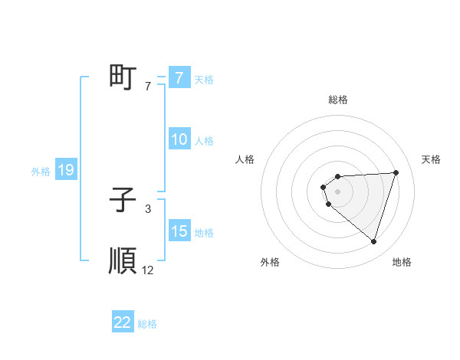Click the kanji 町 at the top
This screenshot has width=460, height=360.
point(123,77)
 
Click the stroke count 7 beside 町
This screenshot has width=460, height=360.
point(148,87)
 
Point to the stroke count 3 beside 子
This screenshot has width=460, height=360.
point(148,208)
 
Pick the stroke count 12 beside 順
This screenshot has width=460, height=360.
point(148,270)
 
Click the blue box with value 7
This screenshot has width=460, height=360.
point(179,78)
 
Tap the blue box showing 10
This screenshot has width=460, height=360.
point(179,139)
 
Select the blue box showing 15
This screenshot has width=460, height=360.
point(179,231)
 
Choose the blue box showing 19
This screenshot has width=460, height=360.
point(65,171)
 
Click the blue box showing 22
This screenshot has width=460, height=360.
point(123,322)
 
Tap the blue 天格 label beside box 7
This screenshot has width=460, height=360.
point(204,79)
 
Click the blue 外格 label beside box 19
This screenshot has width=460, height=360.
point(41,172)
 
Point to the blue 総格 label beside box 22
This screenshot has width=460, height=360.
point(147,323)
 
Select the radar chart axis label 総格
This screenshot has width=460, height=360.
point(338,100)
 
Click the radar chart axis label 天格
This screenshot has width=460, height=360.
point(432,159)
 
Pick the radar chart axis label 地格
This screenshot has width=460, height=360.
point(402,263)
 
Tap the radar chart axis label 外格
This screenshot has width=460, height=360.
point(270,263)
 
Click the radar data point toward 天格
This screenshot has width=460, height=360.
point(396,172)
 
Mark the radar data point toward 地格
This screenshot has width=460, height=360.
point(373,241)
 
